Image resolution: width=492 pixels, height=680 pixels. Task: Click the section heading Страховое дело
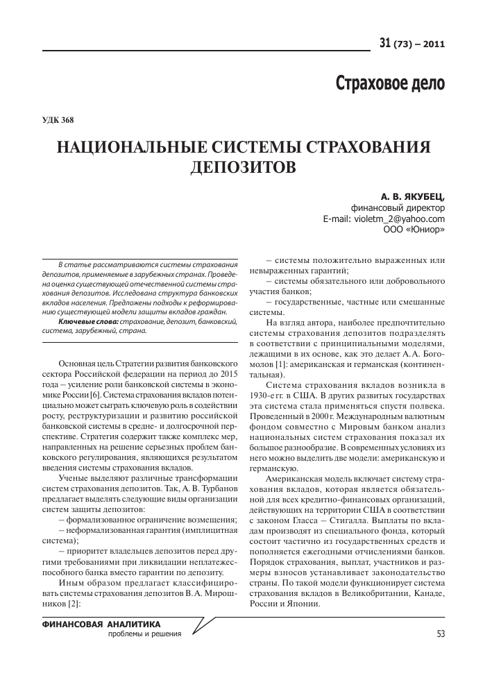click(390, 83)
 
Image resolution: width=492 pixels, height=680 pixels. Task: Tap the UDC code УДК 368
click(58, 119)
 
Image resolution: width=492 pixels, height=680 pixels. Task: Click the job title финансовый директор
click(398, 207)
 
